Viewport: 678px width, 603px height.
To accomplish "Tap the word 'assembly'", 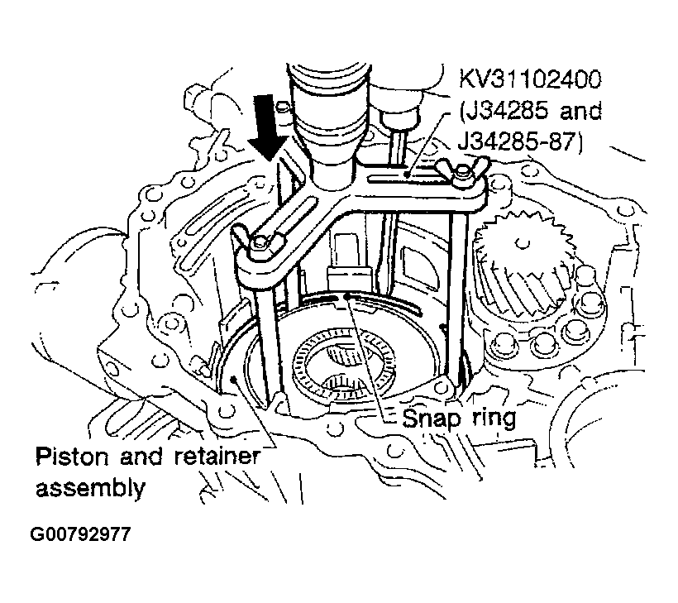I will [90, 487].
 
